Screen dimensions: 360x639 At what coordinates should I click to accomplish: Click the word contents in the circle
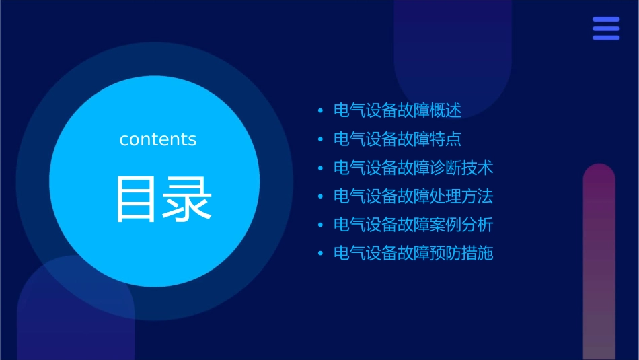pyautogui.click(x=158, y=139)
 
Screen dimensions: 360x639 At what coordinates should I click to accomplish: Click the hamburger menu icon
pyautogui.click(x=606, y=28)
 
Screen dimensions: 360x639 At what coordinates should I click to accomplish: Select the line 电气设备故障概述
pyautogui.click(x=398, y=110)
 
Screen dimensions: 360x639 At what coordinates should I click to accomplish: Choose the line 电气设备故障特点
pyautogui.click(x=398, y=139)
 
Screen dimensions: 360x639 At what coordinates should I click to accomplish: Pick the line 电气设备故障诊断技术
pyautogui.click(x=414, y=168)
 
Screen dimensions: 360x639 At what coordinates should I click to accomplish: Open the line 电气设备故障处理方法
pyautogui.click(x=414, y=196)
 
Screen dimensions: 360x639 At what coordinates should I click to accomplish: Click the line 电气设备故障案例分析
pyautogui.click(x=414, y=225)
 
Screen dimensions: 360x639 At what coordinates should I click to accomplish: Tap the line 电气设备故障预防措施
pyautogui.click(x=414, y=254)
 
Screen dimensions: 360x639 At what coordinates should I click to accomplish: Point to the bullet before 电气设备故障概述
pyautogui.click(x=320, y=111)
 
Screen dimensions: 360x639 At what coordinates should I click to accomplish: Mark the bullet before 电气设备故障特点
pyautogui.click(x=320, y=139)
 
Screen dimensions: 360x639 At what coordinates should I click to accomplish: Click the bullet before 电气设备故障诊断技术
pyautogui.click(x=320, y=168)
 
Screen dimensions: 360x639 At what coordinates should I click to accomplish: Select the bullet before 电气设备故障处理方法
pyautogui.click(x=320, y=196)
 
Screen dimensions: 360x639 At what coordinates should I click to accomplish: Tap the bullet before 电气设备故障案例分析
pyautogui.click(x=320, y=225)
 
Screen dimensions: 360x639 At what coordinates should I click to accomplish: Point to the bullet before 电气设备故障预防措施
pyautogui.click(x=320, y=254)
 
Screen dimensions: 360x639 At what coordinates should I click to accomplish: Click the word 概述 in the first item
pyautogui.click(x=445, y=110)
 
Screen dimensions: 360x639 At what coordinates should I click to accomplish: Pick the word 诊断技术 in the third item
pyautogui.click(x=461, y=168)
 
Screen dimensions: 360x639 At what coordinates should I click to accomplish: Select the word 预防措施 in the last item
pyautogui.click(x=461, y=254)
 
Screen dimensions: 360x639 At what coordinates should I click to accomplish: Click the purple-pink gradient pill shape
pyautogui.click(x=599, y=262)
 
